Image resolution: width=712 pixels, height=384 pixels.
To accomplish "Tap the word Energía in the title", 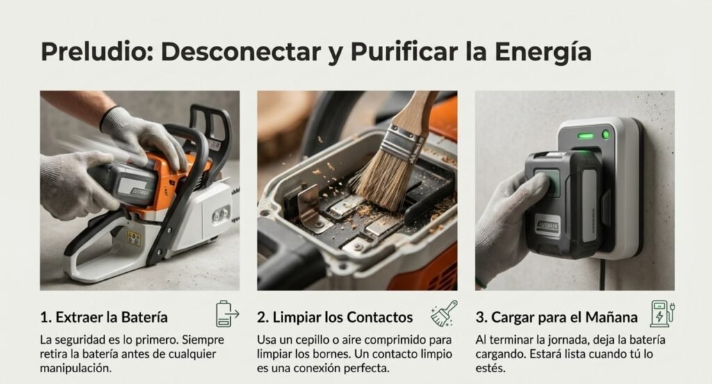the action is pyautogui.click(x=542, y=51).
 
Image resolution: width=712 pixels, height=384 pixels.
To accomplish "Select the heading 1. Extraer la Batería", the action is pyautogui.click(x=104, y=317).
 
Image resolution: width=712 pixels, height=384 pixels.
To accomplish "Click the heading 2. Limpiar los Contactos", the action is pyautogui.click(x=334, y=317).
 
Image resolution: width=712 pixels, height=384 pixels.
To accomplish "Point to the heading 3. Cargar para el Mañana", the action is pyautogui.click(x=557, y=317).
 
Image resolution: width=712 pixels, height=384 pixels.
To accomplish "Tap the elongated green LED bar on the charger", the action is pyautogui.click(x=585, y=136).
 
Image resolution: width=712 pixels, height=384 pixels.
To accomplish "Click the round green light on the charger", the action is pyautogui.click(x=606, y=134).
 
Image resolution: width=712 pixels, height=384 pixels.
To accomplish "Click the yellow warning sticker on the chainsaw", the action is pyautogui.click(x=134, y=237).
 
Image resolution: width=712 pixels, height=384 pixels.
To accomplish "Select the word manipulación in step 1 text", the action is pyautogui.click(x=76, y=368).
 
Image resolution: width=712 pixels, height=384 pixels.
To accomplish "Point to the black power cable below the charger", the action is pyautogui.click(x=603, y=275).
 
